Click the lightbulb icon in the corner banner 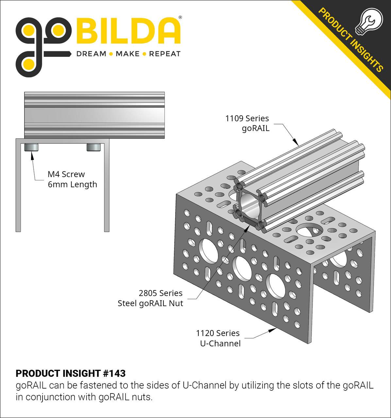point(368,21)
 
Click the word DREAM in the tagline point(91,54)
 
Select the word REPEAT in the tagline point(165,54)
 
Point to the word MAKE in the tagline point(127,54)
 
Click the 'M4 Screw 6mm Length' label point(72,179)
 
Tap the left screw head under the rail point(32,147)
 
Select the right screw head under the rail point(93,147)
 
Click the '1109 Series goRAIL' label point(247,123)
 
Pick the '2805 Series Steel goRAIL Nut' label point(150,298)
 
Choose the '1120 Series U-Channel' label point(218,338)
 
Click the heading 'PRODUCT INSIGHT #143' point(71,373)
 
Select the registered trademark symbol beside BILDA point(180,17)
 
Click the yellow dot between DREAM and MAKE point(111,54)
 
